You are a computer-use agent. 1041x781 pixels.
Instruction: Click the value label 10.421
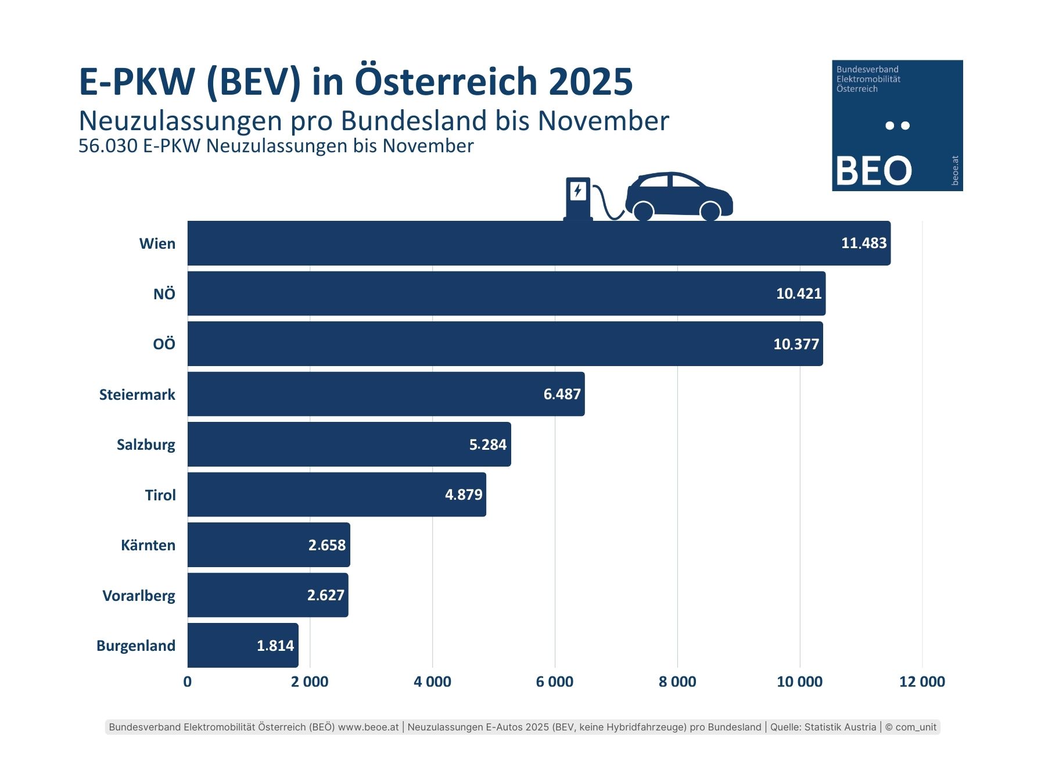coord(799,293)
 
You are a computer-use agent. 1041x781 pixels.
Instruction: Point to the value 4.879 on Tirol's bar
coord(464,495)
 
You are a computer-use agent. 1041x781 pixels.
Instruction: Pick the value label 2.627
coord(326,595)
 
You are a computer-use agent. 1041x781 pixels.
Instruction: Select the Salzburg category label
coord(146,445)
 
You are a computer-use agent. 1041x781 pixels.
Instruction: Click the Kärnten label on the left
coord(148,545)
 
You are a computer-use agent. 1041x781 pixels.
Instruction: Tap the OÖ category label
coord(164,344)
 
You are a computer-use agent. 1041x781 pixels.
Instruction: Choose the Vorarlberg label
coord(139,596)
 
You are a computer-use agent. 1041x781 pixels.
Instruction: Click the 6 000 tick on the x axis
coord(555,682)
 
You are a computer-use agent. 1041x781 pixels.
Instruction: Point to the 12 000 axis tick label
coord(922,682)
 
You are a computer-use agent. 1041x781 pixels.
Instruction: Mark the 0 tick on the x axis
coord(187,682)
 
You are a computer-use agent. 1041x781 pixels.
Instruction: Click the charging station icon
coord(578,198)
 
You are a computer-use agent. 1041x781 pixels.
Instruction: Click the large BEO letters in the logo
coord(874,171)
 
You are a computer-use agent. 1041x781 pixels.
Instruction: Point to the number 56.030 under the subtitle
coord(108,146)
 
